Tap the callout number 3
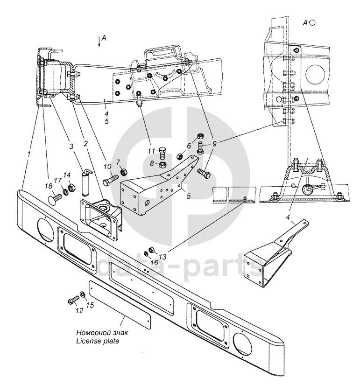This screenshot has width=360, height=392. click(x=71, y=146)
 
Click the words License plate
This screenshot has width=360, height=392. click(x=97, y=341)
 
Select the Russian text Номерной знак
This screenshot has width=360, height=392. click(x=101, y=333)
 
